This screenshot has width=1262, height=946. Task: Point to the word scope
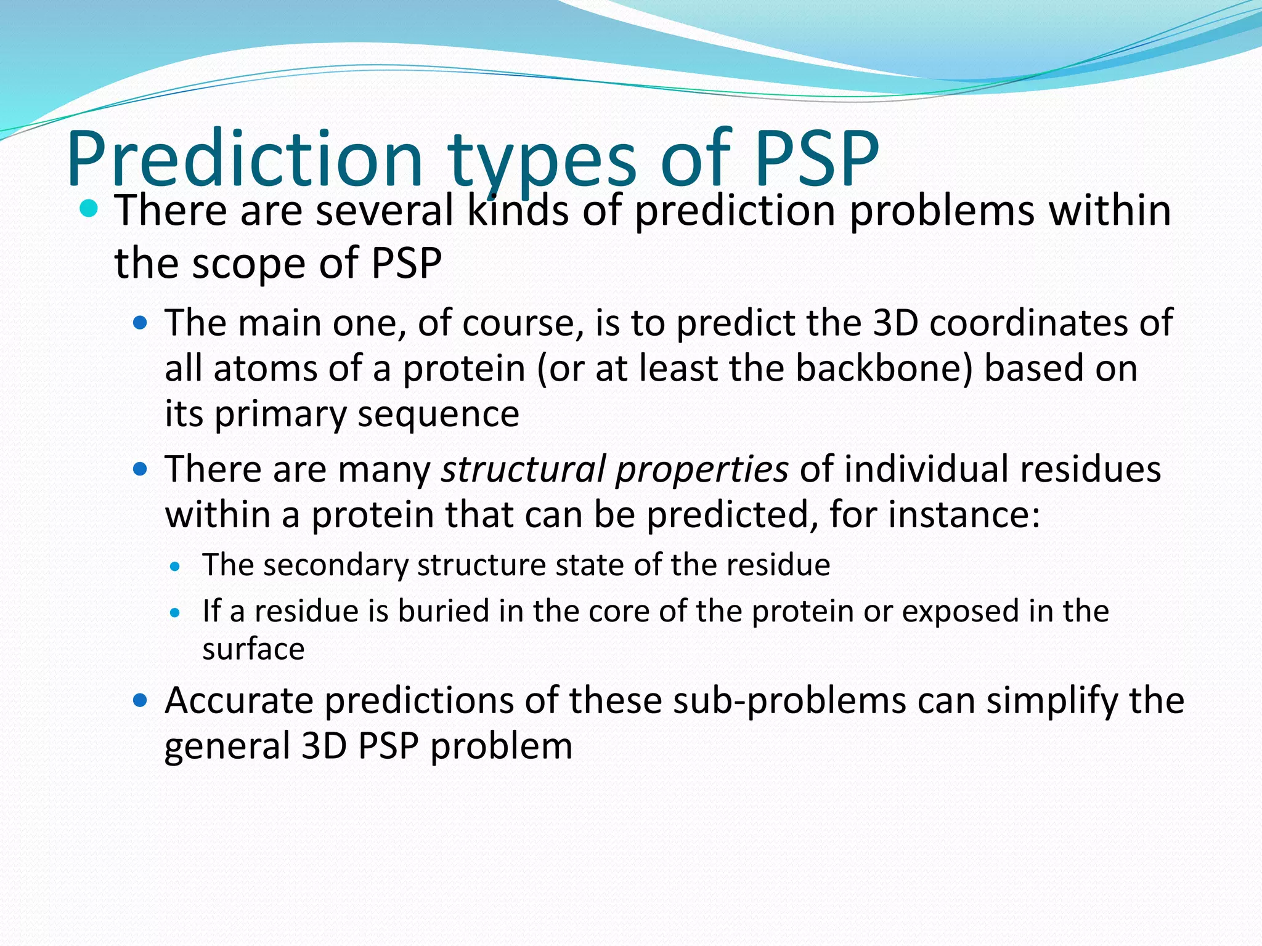(x=250, y=264)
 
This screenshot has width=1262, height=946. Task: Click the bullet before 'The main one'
(x=140, y=322)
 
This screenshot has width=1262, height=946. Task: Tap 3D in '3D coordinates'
(x=896, y=322)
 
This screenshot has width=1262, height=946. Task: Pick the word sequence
(x=438, y=414)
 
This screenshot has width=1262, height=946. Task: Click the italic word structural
(x=523, y=469)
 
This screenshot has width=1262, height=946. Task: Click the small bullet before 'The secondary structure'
(x=176, y=567)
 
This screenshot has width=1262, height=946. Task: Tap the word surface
(x=253, y=649)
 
